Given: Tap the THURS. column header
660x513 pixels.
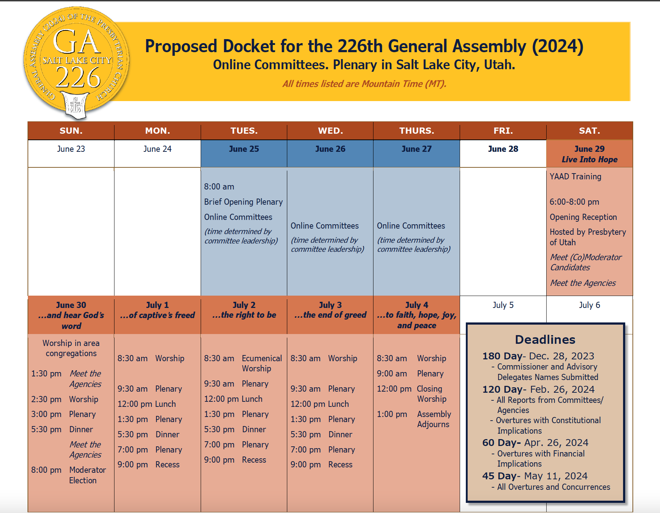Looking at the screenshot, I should [417, 131].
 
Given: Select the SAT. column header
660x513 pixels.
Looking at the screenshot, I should [589, 131].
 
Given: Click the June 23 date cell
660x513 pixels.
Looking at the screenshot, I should [71, 149].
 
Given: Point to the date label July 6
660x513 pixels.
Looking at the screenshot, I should [589, 305].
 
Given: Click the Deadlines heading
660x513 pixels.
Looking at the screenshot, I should [545, 339].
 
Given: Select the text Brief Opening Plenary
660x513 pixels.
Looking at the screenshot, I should [243, 202].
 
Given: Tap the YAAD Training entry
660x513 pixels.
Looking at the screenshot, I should [576, 176].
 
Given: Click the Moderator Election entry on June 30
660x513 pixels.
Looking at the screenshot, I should [87, 475].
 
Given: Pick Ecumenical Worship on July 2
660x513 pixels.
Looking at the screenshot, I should [262, 363].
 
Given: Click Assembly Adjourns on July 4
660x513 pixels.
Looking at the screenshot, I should [434, 419].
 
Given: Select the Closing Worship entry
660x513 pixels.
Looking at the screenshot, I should [431, 394].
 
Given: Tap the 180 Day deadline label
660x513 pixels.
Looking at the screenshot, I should [502, 356].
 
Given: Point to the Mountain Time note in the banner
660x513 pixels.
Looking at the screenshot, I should [364, 84].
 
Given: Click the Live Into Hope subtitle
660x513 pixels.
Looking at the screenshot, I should [589, 160].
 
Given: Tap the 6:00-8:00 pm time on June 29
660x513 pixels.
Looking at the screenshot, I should [574, 202].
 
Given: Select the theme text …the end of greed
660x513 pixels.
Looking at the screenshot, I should [330, 315].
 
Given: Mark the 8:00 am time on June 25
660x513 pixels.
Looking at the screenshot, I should [219, 187].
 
